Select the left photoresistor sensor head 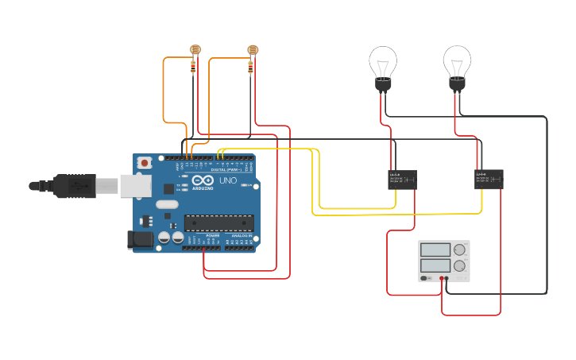(x=195, y=50)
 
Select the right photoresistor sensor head (x=253, y=50)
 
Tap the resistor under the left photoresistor (x=194, y=67)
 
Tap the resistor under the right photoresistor (x=251, y=68)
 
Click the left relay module (x=403, y=180)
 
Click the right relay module (x=489, y=179)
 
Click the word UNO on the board (x=227, y=180)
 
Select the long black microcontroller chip (x=218, y=225)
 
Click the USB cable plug (x=75, y=186)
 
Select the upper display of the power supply (x=435, y=250)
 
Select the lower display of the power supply (x=435, y=265)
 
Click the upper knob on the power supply (x=459, y=250)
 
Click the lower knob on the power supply (x=459, y=266)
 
